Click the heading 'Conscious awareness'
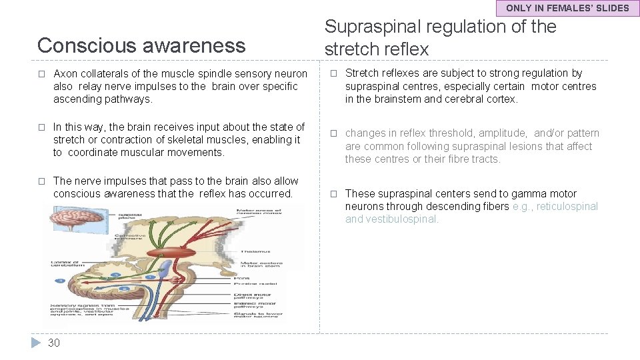click(141, 45)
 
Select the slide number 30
click(54, 343)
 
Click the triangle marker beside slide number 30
click(36, 343)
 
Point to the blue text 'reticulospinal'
click(567, 207)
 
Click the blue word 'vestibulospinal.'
click(392, 219)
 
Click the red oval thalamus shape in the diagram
click(179, 253)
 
